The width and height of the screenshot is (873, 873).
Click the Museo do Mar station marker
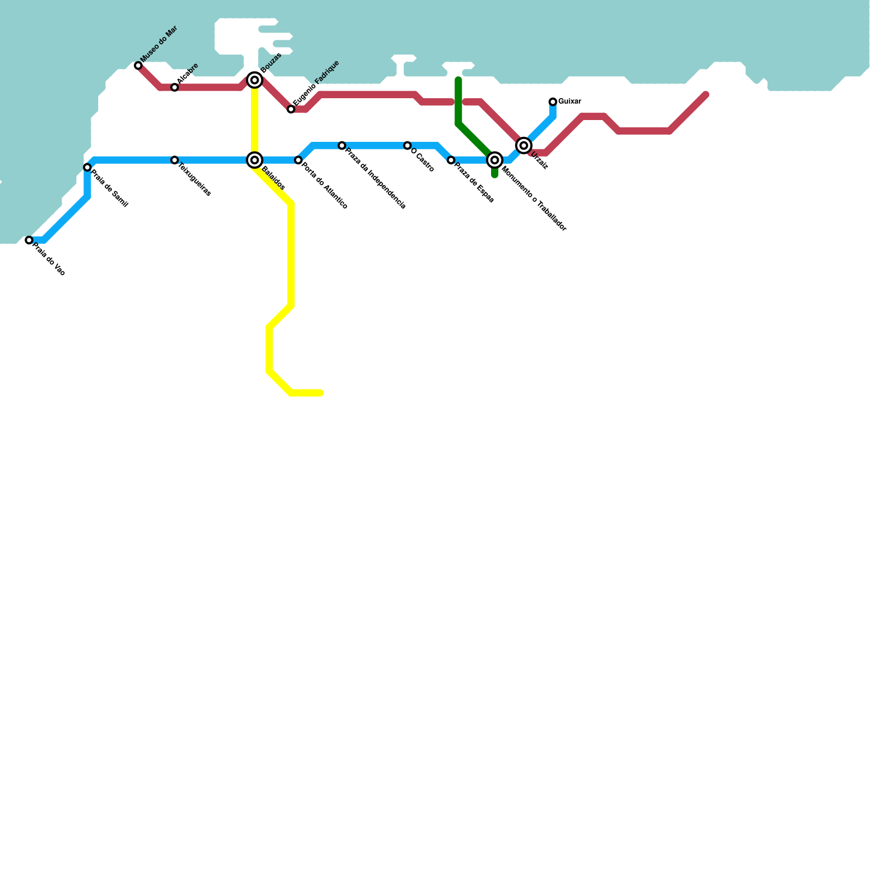[138, 65]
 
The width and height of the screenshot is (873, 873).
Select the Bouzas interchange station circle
[254, 80]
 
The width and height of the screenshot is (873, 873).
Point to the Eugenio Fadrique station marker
[291, 109]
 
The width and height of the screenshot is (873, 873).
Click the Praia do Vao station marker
[29, 240]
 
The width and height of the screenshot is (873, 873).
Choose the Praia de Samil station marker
[87, 167]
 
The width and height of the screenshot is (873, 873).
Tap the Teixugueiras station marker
[175, 160]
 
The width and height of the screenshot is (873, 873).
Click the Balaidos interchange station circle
[254, 160]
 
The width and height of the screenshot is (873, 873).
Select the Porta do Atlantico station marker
[298, 160]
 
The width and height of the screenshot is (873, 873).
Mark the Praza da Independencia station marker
[342, 146]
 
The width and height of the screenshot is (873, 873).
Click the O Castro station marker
[407, 146]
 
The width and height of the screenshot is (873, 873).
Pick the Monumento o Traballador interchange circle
[494, 160]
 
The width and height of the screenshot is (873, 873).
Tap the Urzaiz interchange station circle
[524, 145]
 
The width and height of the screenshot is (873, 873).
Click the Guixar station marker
[553, 101]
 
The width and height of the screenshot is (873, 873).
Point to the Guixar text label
[570, 101]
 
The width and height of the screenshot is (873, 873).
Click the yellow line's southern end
[320, 393]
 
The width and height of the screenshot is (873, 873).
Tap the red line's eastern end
[706, 95]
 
